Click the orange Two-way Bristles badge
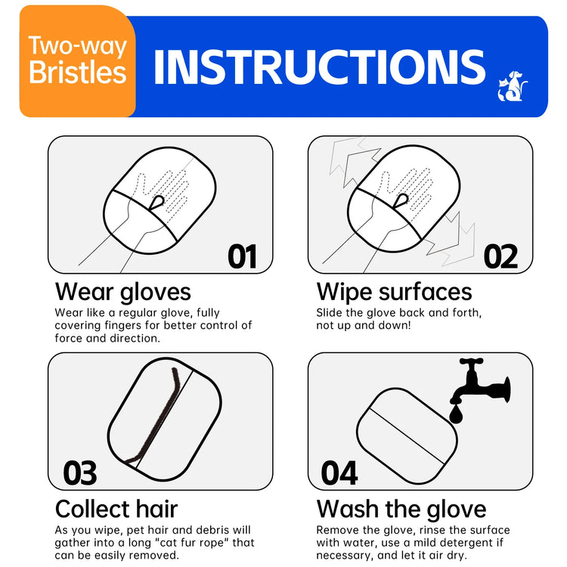pyautogui.click(x=77, y=60)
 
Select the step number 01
pyautogui.click(x=242, y=257)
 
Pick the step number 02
pyautogui.click(x=500, y=257)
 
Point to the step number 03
pyautogui.click(x=79, y=473)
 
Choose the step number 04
pyautogui.click(x=339, y=473)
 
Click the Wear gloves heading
pyautogui.click(x=123, y=292)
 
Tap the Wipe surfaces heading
pyautogui.click(x=394, y=292)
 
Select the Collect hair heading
pyautogui.click(x=116, y=508)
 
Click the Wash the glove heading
pyautogui.click(x=401, y=508)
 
